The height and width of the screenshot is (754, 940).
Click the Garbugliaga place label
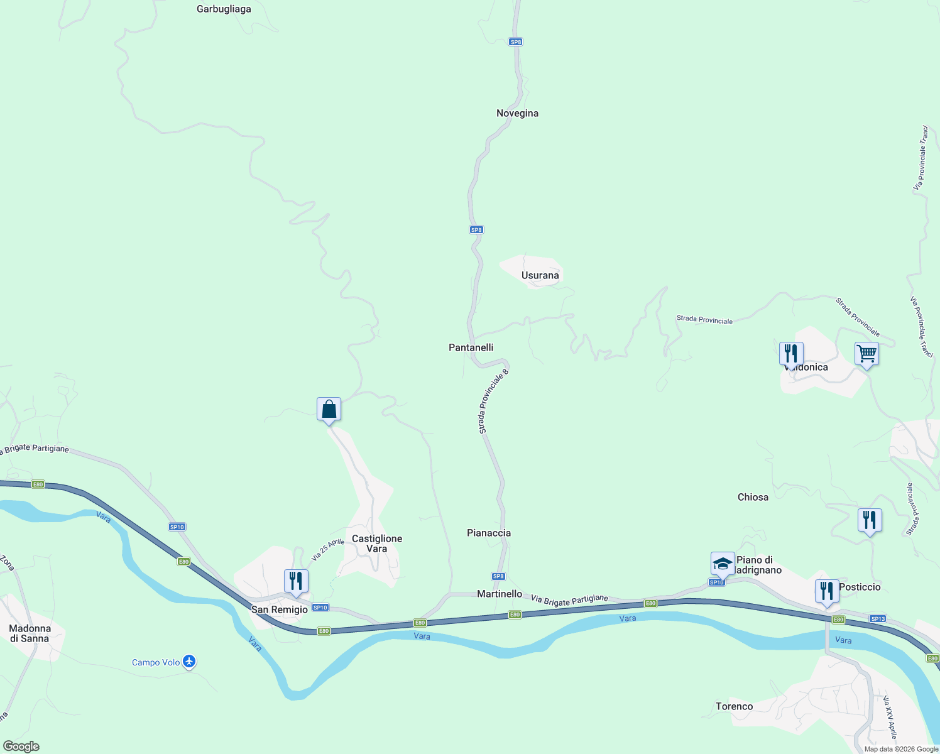pyautogui.click(x=224, y=9)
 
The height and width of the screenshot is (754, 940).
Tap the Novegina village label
pyautogui.click(x=517, y=114)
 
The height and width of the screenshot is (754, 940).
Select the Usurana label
pyautogui.click(x=540, y=276)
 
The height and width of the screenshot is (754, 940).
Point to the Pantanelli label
pyautogui.click(x=471, y=347)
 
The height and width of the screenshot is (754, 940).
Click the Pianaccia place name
pyautogui.click(x=489, y=533)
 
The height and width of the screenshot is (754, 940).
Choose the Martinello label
pyautogui.click(x=500, y=594)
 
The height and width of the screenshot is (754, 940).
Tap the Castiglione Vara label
pyautogui.click(x=377, y=544)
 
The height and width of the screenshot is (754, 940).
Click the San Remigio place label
pyautogui.click(x=280, y=609)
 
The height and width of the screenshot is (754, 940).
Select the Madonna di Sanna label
pyautogui.click(x=30, y=633)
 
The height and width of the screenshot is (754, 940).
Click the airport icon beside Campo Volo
pyautogui.click(x=189, y=662)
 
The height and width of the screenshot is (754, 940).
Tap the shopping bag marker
pyautogui.click(x=329, y=410)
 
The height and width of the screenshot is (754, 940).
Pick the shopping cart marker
pyautogui.click(x=866, y=354)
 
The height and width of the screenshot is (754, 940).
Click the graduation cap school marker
pyautogui.click(x=723, y=563)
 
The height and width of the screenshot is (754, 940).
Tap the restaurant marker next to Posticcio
pyautogui.click(x=827, y=591)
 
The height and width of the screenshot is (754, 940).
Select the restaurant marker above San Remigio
pyautogui.click(x=295, y=581)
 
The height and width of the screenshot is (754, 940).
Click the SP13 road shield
pyautogui.click(x=878, y=619)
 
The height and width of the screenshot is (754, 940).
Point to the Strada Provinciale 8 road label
pyautogui.click(x=493, y=401)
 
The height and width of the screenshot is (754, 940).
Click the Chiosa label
pyautogui.click(x=753, y=497)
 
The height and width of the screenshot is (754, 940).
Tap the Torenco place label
pyautogui.click(x=734, y=707)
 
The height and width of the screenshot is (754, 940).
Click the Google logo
pyautogui.click(x=21, y=746)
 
